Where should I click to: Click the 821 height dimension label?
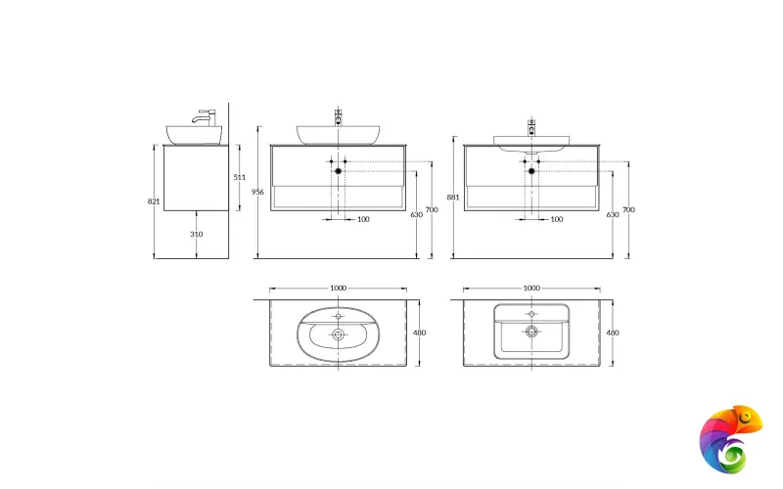pyautogui.click(x=154, y=200)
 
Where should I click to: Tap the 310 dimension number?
pyautogui.click(x=197, y=235)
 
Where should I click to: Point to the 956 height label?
pyautogui.click(x=258, y=192)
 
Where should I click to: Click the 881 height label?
pyautogui.click(x=453, y=197)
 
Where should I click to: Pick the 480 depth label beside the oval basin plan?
pyautogui.click(x=420, y=333)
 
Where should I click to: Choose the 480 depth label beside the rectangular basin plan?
pyautogui.click(x=614, y=333)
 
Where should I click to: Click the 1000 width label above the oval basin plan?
pyautogui.click(x=338, y=289)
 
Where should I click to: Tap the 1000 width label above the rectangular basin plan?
pyautogui.click(x=531, y=289)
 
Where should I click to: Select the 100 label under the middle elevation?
pyautogui.click(x=363, y=219)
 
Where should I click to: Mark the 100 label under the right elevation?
pyautogui.click(x=557, y=219)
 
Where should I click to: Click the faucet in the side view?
pyautogui.click(x=206, y=117)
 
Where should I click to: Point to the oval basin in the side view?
pyautogui.click(x=194, y=135)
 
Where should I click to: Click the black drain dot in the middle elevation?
pyautogui.click(x=339, y=171)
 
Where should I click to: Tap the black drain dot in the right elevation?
pyautogui.click(x=532, y=171)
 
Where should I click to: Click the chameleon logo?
pyautogui.click(x=731, y=438)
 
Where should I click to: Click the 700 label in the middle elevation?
pyautogui.click(x=432, y=210)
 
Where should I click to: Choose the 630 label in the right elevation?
pyautogui.click(x=611, y=214)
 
